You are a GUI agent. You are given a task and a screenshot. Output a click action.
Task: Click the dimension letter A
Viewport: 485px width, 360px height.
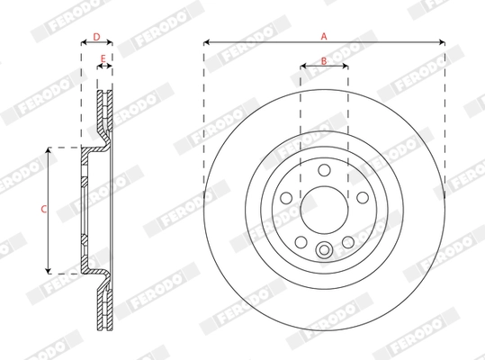[x=324, y=35]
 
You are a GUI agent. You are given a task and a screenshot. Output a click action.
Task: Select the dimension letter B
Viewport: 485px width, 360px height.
[x=324, y=61]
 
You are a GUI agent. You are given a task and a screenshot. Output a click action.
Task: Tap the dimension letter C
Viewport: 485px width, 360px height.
[x=43, y=209]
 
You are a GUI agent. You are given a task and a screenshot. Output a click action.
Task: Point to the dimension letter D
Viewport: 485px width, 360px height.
[x=96, y=37]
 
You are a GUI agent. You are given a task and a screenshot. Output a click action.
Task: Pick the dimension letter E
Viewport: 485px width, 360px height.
[x=103, y=61]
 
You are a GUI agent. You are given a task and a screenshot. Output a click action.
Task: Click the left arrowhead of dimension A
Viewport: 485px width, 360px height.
[x=207, y=42]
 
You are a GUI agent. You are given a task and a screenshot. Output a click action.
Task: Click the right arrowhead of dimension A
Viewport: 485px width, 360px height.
[x=443, y=42]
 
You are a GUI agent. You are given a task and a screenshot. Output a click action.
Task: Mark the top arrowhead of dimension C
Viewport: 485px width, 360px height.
[x=49, y=149]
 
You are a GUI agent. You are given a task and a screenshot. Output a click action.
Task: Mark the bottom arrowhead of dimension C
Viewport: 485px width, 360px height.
[x=49, y=270]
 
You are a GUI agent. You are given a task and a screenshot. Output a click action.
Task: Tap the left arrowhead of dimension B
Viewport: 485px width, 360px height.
[x=301, y=68]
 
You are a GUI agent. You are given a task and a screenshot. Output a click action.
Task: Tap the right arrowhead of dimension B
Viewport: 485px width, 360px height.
[x=347, y=68]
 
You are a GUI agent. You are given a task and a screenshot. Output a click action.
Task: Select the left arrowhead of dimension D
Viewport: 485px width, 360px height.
[x=83, y=45]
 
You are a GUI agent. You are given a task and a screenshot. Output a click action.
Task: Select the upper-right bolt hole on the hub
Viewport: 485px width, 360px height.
[x=363, y=197]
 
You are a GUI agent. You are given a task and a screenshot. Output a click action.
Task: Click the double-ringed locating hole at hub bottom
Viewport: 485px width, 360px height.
[x=324, y=251]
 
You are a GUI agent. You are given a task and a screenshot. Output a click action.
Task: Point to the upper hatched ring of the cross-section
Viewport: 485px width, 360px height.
[x=103, y=112]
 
